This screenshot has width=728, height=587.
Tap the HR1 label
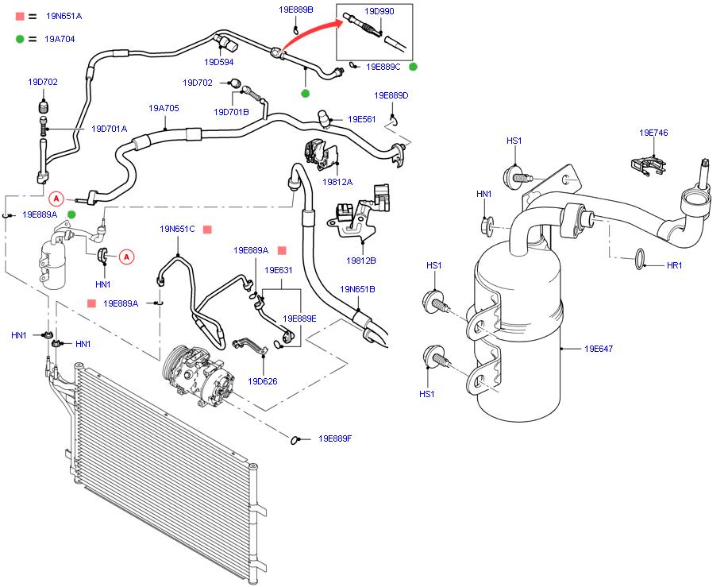(674, 265)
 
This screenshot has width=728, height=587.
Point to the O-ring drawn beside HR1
(637, 256)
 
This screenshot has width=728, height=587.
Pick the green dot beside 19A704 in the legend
(20, 38)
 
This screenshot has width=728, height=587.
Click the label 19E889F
(334, 438)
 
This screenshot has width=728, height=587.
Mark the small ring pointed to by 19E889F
(298, 438)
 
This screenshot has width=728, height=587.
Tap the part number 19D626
(262, 381)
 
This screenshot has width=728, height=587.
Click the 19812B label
(360, 260)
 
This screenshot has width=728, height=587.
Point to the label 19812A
(337, 182)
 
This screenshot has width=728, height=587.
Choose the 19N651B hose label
(357, 289)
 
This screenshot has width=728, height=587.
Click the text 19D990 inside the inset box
(379, 11)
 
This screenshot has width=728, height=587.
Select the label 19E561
(361, 119)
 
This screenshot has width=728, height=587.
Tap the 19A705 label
(164, 108)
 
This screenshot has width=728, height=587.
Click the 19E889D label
(391, 95)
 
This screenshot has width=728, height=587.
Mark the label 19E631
(279, 270)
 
